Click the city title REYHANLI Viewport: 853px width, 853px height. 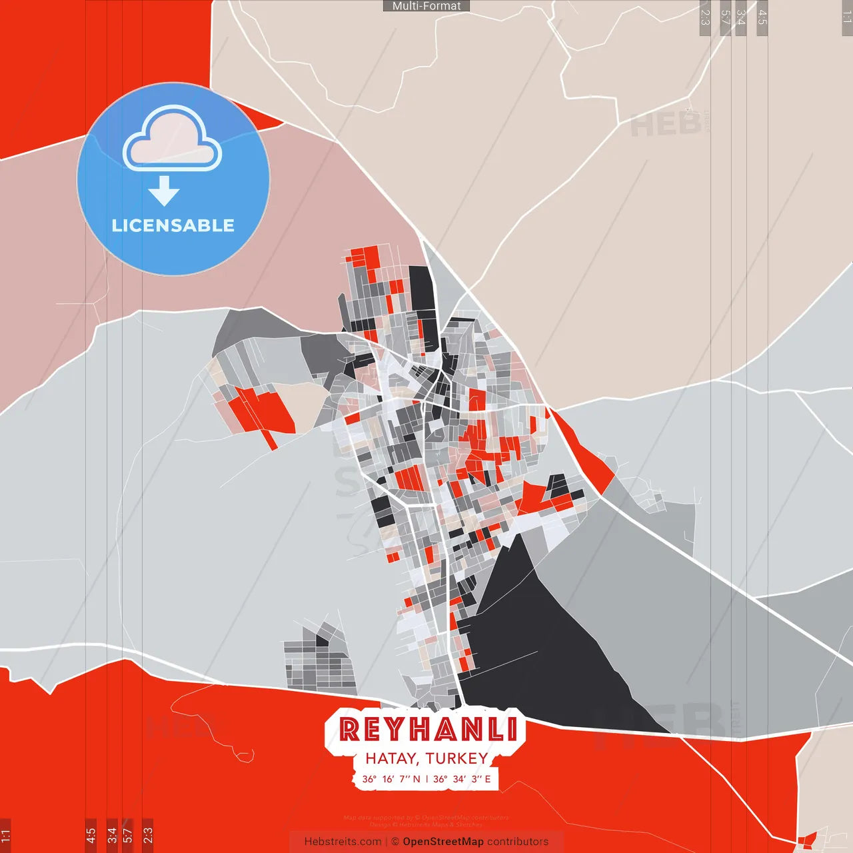(428, 729)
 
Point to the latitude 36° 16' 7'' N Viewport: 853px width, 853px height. (391, 778)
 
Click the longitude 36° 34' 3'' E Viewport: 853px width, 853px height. (462, 778)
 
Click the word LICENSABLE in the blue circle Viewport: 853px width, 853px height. (173, 225)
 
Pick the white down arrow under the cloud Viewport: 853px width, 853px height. (164, 191)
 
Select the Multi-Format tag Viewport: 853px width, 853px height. (426, 6)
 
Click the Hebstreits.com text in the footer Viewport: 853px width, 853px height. (343, 842)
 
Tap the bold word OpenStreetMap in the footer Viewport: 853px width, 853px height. (442, 842)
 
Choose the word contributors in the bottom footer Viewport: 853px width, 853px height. (518, 842)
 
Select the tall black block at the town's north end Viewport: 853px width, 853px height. (420, 288)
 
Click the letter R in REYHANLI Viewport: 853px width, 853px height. (349, 729)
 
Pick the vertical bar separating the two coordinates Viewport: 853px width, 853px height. (426, 778)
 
